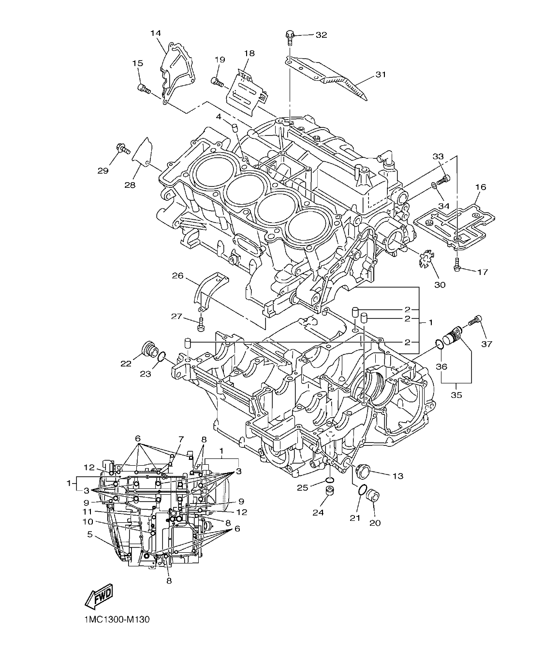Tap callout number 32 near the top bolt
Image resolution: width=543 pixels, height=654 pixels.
tap(321, 35)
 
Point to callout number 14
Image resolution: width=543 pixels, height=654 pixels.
tap(155, 33)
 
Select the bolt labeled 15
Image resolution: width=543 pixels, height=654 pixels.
tap(145, 89)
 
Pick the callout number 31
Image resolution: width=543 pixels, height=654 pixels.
tap(381, 75)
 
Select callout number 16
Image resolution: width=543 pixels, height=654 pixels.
tap(481, 187)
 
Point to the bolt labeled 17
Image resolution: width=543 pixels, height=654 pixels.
tap(457, 264)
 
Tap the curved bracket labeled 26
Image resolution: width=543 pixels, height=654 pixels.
tap(208, 290)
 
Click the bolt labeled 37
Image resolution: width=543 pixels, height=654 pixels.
tap(474, 320)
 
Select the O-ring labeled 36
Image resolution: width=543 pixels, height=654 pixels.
tap(439, 344)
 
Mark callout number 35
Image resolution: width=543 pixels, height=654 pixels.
tap(456, 395)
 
